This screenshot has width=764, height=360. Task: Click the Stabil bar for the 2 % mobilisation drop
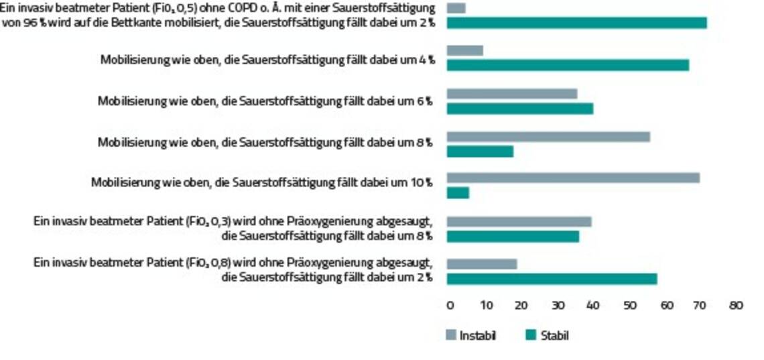pyautogui.click(x=576, y=23)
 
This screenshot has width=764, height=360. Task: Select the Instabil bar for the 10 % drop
pyautogui.click(x=573, y=178)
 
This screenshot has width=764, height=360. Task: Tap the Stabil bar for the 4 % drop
pyautogui.click(x=568, y=65)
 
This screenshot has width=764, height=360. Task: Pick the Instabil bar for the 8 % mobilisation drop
pyautogui.click(x=548, y=137)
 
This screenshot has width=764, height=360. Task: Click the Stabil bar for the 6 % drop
pyautogui.click(x=519, y=108)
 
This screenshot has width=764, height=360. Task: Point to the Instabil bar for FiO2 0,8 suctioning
pyautogui.click(x=482, y=263)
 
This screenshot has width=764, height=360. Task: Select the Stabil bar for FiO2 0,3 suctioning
pyautogui.click(x=513, y=237)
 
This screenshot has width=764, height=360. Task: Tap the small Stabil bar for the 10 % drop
pyautogui.click(x=458, y=193)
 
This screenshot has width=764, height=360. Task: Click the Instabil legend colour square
pyautogui.click(x=451, y=336)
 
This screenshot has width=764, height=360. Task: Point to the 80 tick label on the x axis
pyautogui.click(x=736, y=305)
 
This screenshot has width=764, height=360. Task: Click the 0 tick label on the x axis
pyautogui.click(x=450, y=305)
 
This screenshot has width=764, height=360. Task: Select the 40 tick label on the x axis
pyautogui.click(x=592, y=305)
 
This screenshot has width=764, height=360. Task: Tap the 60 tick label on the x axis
pyautogui.click(x=665, y=305)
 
